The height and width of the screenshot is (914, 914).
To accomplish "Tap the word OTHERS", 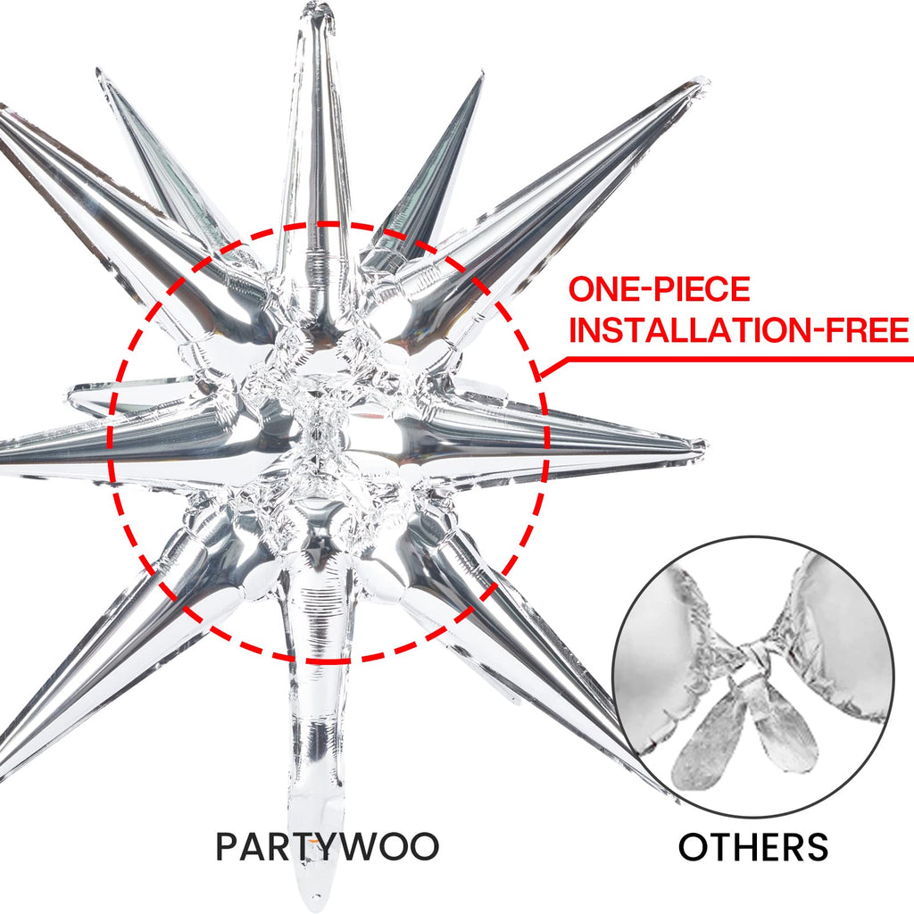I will pos(752,846).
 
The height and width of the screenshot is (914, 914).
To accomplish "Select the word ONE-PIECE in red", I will pos(660,289).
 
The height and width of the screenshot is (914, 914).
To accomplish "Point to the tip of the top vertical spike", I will pos(317,11).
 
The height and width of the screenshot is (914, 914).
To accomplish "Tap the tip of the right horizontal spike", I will pos(701,445).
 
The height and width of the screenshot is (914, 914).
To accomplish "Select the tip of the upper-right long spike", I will pos(701,84).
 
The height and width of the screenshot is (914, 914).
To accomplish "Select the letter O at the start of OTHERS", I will pos(693,846).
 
